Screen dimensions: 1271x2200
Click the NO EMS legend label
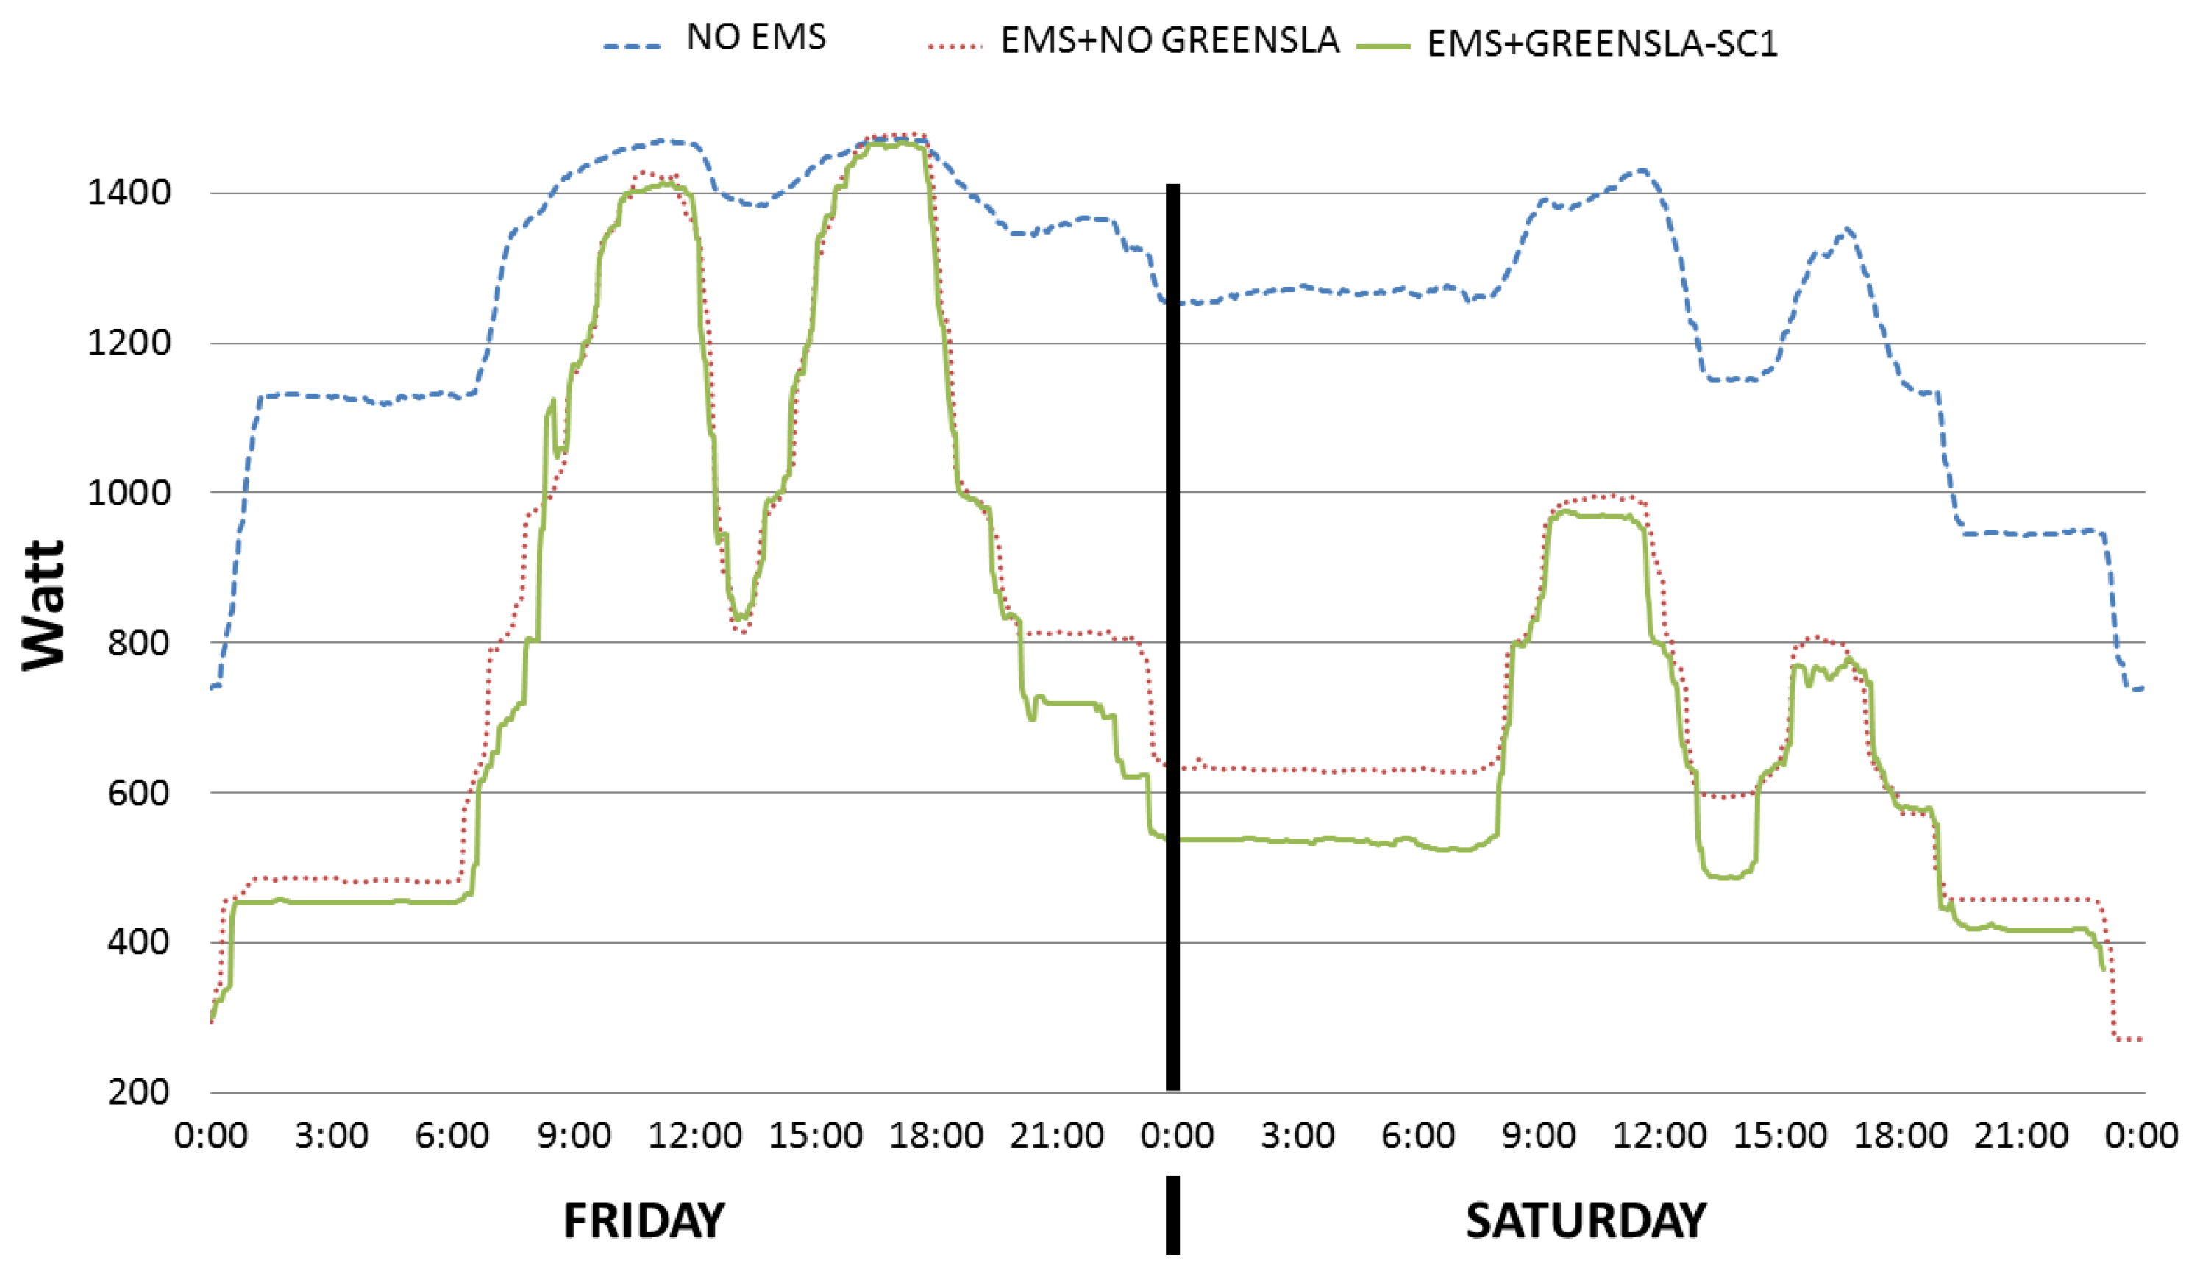(755, 38)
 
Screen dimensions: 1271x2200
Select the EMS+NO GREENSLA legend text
(1170, 41)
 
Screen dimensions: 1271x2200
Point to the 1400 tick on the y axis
(128, 193)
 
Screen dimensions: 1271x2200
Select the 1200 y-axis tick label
(128, 343)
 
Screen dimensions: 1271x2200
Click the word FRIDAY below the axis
(644, 1220)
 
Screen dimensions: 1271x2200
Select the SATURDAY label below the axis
(1585, 1220)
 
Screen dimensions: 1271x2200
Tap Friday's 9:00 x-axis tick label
(573, 1136)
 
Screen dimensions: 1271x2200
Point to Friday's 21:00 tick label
(1057, 1136)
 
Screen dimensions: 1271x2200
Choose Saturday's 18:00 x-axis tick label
(1901, 1136)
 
